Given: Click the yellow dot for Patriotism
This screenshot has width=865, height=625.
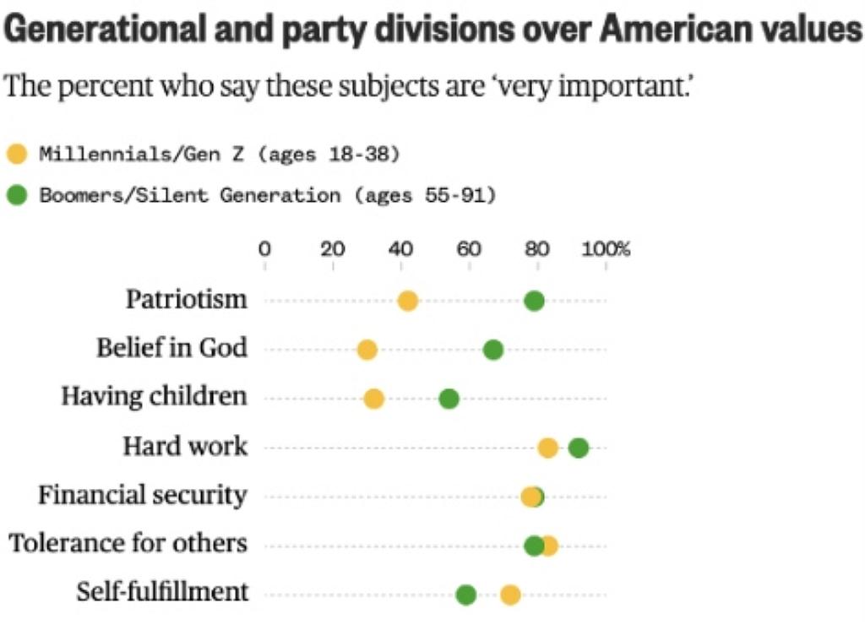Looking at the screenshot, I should coord(407,302).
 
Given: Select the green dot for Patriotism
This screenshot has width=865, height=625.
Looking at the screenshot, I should coord(534,302).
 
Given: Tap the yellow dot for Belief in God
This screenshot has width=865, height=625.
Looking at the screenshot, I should coord(367,350).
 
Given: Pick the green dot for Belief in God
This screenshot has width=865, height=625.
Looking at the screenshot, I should coord(493,350).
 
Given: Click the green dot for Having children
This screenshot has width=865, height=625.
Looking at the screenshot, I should coord(449,399).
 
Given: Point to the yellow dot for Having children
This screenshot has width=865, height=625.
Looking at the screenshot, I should coord(373,399).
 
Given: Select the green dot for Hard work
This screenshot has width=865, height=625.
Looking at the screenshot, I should coord(579,448).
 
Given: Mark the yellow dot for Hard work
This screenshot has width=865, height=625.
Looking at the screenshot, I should coord(547,448).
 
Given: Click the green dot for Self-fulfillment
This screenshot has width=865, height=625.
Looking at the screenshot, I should coord(465,595).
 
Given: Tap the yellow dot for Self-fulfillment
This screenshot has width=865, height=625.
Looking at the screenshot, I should coord(509,595).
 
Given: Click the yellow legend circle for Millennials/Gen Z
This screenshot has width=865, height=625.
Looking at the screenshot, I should coord(17,154).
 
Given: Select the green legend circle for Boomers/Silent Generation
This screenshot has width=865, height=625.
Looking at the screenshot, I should coord(17,195).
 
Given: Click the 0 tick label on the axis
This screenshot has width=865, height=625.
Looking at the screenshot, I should coord(264,249).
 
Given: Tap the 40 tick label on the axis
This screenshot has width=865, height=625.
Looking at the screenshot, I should coord(400,249).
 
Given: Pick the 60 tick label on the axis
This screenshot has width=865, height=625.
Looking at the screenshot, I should coord(469,249).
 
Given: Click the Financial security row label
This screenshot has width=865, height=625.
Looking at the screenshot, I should coord(142,495).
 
